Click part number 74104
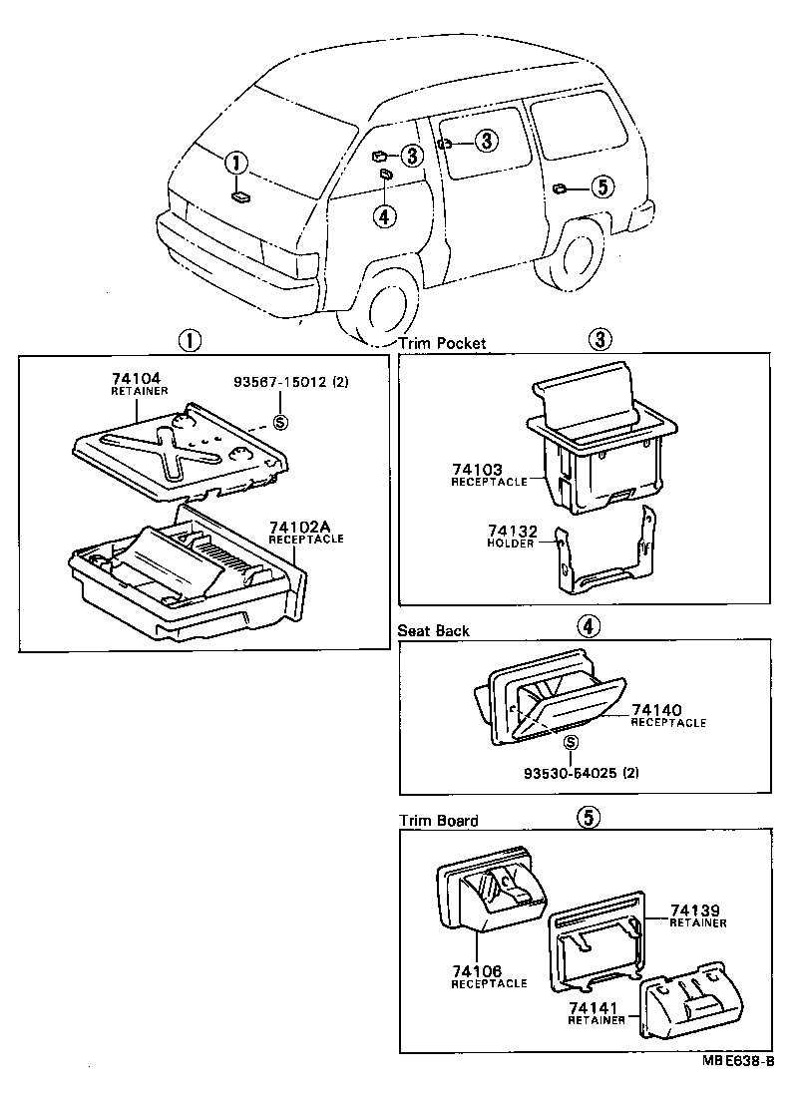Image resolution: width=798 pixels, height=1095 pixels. click(x=135, y=380)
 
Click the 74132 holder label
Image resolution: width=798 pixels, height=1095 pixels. click(x=510, y=532)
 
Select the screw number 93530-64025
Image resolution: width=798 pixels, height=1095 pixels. click(x=569, y=773)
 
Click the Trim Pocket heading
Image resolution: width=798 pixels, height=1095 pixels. click(x=442, y=342)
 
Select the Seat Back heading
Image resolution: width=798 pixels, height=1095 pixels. click(x=433, y=630)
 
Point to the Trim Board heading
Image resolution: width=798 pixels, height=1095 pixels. click(x=438, y=821)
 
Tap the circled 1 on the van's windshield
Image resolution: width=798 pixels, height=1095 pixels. click(x=234, y=163)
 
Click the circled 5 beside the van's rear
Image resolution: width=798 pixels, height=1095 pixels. click(x=600, y=185)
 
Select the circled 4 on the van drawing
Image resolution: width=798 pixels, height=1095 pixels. click(x=386, y=215)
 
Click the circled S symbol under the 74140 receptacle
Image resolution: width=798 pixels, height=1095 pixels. click(x=570, y=743)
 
